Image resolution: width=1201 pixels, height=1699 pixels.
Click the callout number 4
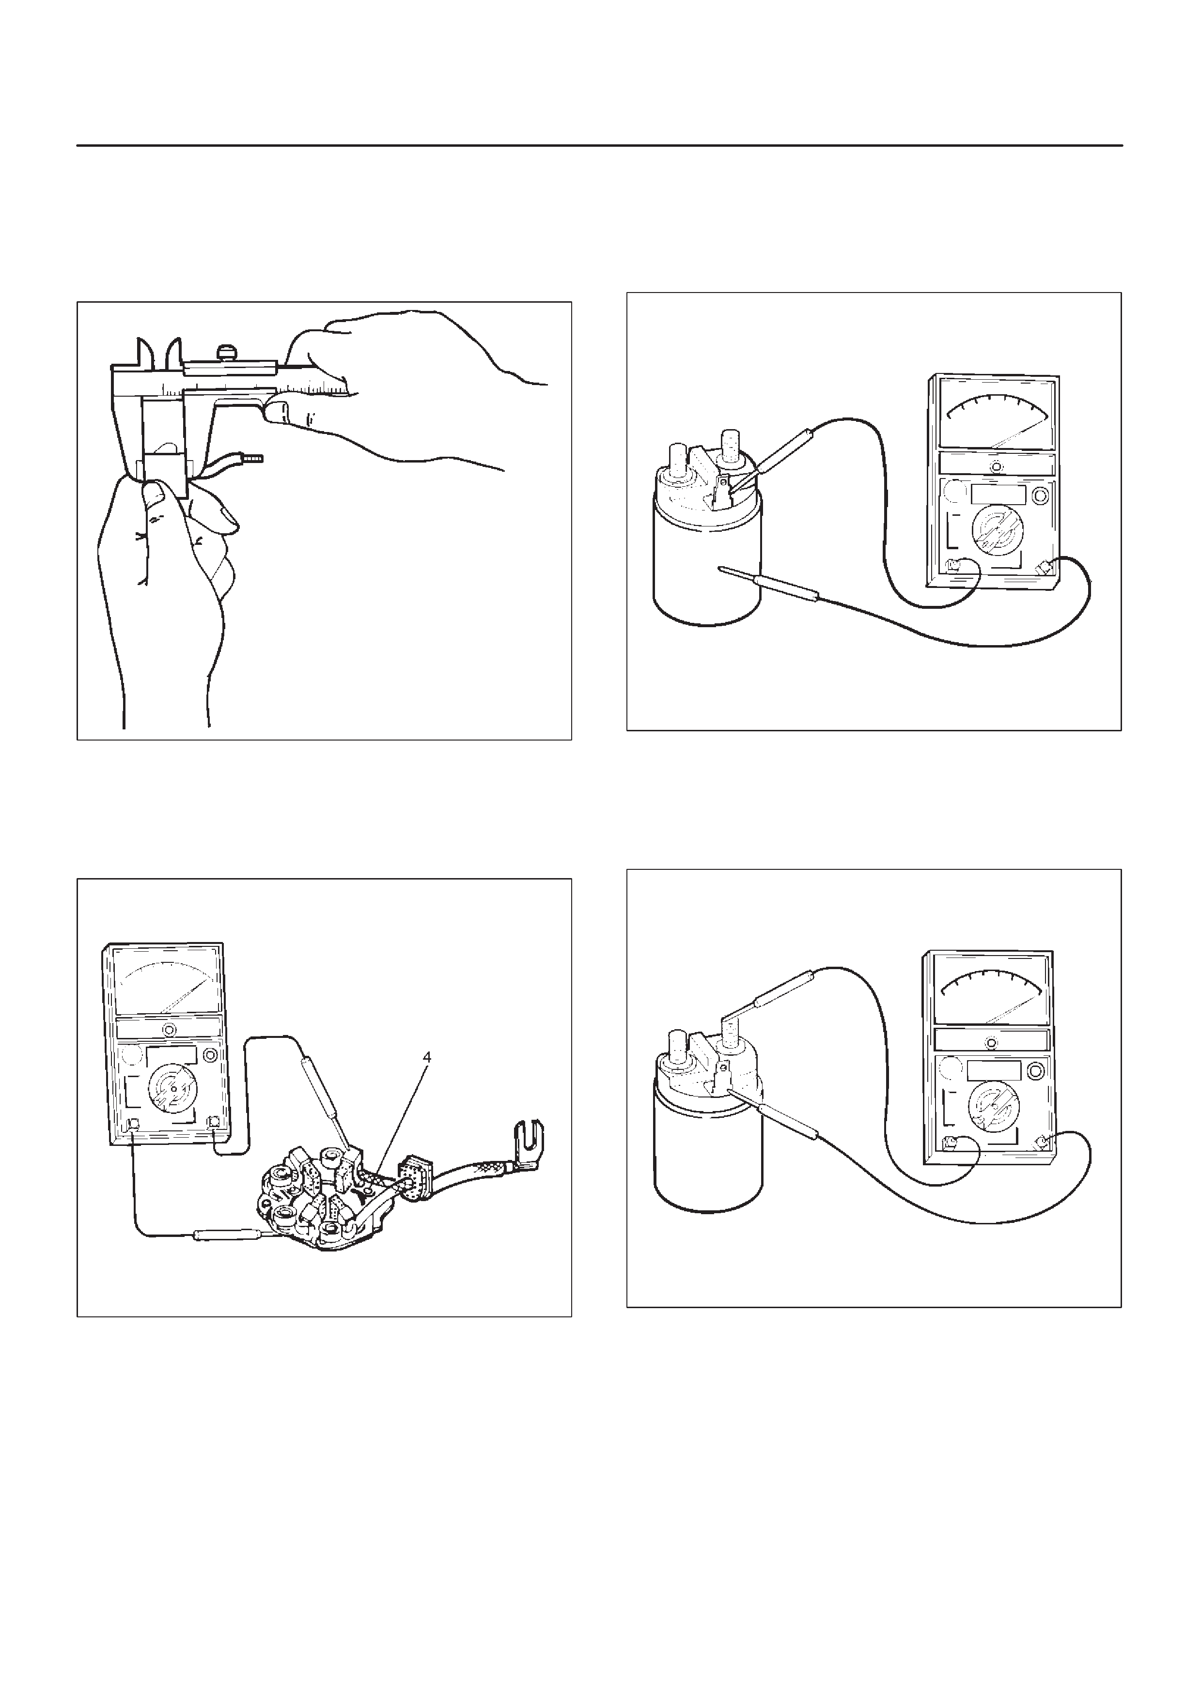point(426,1057)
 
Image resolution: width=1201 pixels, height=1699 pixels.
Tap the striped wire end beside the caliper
point(254,458)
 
